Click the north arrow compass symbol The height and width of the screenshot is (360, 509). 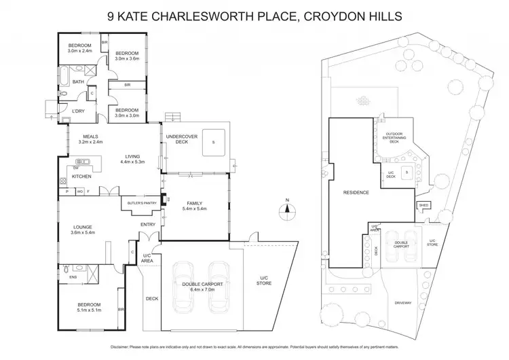click(x=287, y=207)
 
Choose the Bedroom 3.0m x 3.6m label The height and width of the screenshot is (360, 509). click(x=126, y=56)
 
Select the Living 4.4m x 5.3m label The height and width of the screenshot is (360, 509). click(x=132, y=160)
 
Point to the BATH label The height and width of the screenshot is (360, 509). click(x=78, y=82)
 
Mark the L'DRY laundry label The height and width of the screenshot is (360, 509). click(x=79, y=111)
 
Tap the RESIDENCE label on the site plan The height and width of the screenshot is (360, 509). click(x=356, y=192)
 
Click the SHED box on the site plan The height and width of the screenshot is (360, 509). click(x=423, y=204)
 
